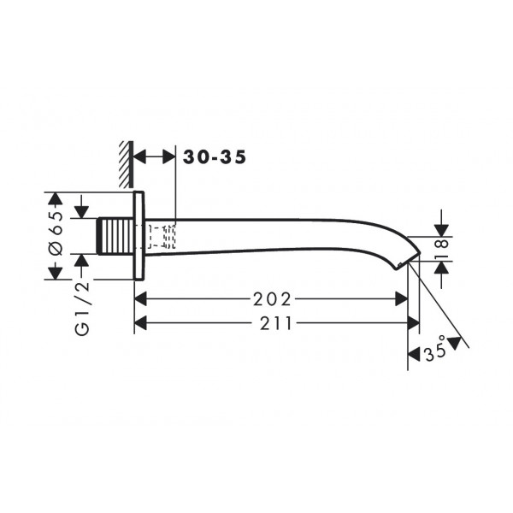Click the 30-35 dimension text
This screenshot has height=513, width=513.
(215, 157)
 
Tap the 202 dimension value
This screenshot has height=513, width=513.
(272, 299)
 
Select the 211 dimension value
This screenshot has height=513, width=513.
(275, 323)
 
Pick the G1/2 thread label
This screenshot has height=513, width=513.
(82, 308)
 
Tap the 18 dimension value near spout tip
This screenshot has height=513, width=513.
(442, 249)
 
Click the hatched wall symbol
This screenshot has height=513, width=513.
(127, 164)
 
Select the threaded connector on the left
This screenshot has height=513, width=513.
(115, 236)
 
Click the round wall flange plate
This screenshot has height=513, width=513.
(139, 236)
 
